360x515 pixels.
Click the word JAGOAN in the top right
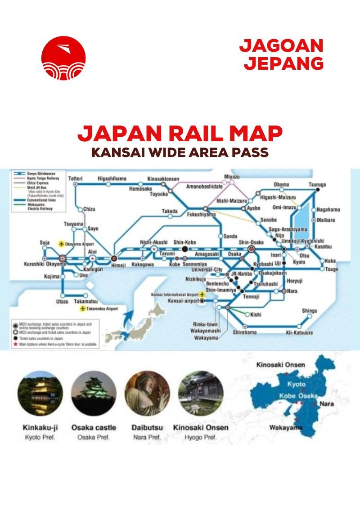tap(281, 46)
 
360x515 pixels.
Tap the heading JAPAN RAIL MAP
tap(180, 134)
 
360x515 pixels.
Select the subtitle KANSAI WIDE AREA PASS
tap(180, 152)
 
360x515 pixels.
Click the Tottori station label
tap(75, 179)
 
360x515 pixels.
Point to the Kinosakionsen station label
tap(163, 179)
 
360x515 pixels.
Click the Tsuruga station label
tap(317, 185)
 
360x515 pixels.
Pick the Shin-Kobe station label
tap(184, 242)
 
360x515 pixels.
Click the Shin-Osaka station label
tap(250, 242)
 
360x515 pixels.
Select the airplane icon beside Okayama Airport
tap(62, 243)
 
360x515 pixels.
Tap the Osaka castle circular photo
tap(94, 393)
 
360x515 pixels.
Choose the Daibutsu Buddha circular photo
tap(147, 393)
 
